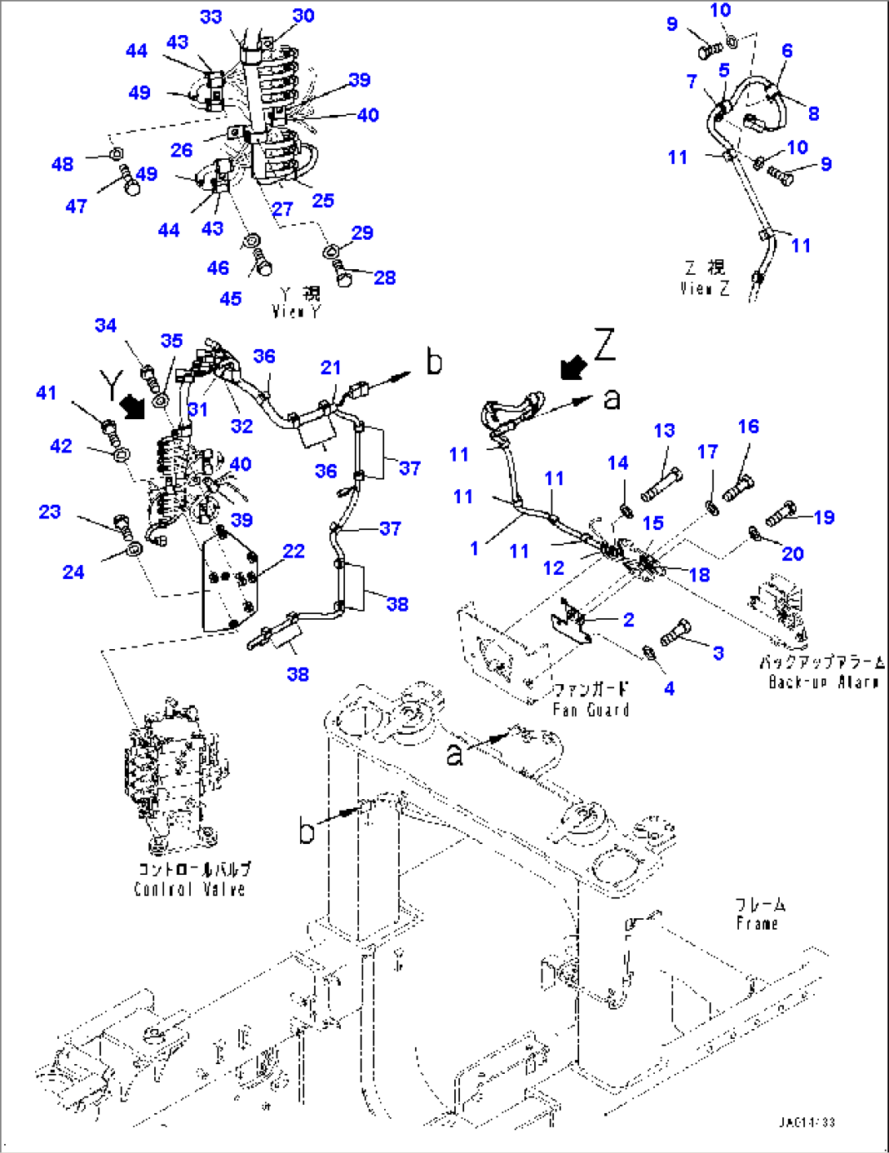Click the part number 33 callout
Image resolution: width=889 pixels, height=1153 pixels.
click(210, 16)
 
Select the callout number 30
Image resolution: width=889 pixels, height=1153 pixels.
click(303, 15)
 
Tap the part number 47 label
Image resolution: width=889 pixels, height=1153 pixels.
click(76, 206)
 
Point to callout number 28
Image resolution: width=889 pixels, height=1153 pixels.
click(384, 277)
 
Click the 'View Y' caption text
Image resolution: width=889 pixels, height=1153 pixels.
click(296, 311)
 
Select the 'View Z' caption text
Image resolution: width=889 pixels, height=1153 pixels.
click(705, 288)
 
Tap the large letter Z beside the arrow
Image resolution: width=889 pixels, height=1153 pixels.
click(604, 345)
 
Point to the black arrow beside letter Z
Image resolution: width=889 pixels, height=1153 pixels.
click(573, 367)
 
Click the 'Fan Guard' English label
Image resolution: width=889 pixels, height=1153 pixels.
click(590, 709)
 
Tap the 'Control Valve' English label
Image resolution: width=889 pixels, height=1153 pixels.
click(189, 889)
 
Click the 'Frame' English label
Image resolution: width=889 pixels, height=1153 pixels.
click(757, 924)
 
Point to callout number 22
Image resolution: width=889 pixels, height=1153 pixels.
click(294, 551)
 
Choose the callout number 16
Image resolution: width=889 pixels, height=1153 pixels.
click(748, 426)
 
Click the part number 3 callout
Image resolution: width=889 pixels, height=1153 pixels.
click(718, 652)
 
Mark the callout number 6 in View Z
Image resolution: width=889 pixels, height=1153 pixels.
click(786, 51)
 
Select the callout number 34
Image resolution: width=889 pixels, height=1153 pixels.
click(106, 325)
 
